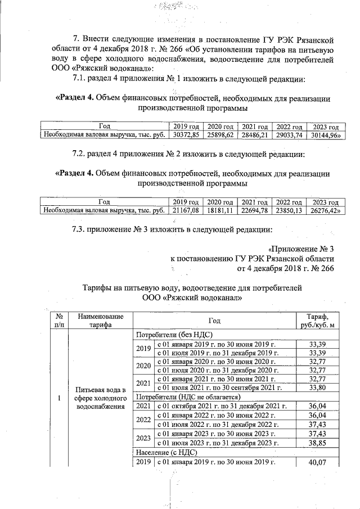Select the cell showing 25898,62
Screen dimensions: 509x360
tap(220, 135)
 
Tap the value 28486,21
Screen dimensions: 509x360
tap(254, 135)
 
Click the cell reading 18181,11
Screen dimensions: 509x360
tap(220, 210)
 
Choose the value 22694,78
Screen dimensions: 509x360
tap(254, 210)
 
